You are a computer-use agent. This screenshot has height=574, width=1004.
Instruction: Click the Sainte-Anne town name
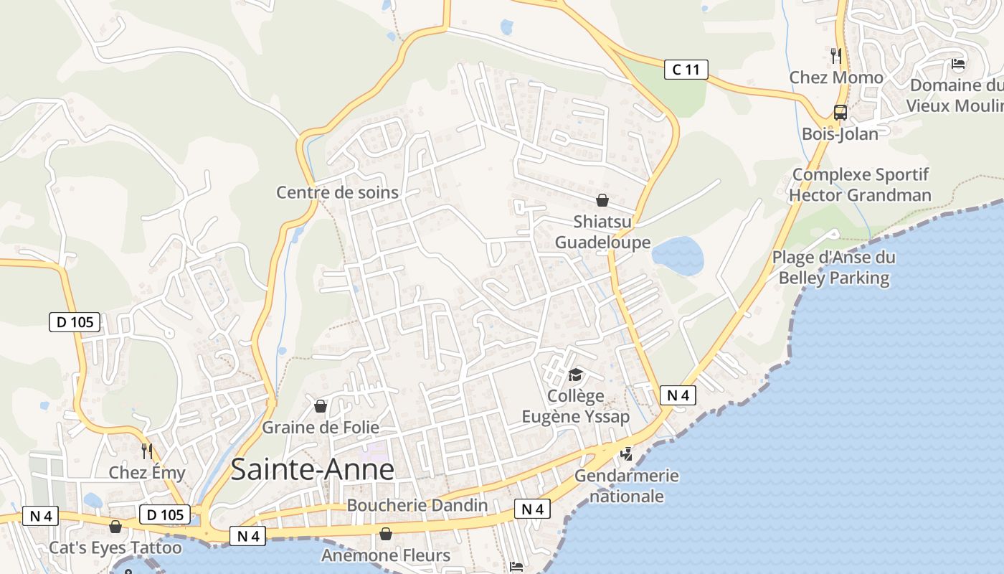(x=313, y=469)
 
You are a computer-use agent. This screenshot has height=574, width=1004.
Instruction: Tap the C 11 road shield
(x=686, y=70)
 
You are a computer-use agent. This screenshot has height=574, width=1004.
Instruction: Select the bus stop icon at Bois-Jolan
(x=840, y=113)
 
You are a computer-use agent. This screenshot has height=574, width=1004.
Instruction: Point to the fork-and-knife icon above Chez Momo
(x=835, y=55)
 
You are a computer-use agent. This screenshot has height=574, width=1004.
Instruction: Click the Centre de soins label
(x=337, y=192)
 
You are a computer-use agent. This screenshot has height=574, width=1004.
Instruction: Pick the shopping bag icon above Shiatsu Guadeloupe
(x=602, y=200)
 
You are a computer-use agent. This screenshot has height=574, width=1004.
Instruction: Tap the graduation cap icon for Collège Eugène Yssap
(x=575, y=375)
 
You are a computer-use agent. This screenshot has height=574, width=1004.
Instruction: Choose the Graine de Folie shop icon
(x=321, y=406)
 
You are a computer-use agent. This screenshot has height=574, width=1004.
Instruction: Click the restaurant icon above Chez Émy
(x=147, y=451)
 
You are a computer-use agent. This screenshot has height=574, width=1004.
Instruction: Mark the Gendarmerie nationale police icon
(x=626, y=453)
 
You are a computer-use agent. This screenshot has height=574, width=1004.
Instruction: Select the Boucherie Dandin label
(x=417, y=505)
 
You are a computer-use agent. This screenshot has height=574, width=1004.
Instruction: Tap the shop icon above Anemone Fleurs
(x=386, y=534)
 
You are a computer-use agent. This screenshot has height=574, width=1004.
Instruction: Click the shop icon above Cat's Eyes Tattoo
(x=115, y=527)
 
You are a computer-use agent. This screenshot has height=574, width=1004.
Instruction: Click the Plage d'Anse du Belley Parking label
(x=833, y=268)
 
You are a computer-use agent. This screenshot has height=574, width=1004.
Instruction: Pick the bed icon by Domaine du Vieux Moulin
(x=958, y=64)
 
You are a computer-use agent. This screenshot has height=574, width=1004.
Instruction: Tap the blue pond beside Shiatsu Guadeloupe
(x=678, y=255)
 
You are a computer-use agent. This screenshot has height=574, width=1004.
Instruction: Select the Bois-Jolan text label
(x=840, y=134)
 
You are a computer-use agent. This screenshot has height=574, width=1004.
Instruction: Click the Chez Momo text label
(x=836, y=77)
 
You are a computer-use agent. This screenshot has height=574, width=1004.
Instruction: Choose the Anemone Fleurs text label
(x=386, y=555)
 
